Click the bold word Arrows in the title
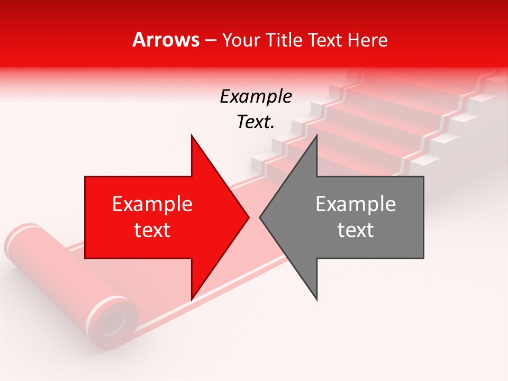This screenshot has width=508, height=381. click(166, 40)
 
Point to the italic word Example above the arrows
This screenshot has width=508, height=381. click(256, 96)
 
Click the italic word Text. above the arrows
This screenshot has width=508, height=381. click(256, 122)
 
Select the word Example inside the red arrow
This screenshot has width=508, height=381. click(152, 204)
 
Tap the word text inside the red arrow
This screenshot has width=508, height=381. click(152, 230)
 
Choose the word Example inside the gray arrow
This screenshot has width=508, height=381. click(356, 204)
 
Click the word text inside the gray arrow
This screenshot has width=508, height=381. click(356, 230)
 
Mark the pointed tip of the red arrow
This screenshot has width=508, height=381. click(248, 217)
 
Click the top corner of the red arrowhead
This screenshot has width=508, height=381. click(192, 135)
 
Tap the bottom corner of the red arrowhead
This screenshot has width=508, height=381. click(192, 299)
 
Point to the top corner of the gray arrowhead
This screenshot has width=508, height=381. click(316, 135)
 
